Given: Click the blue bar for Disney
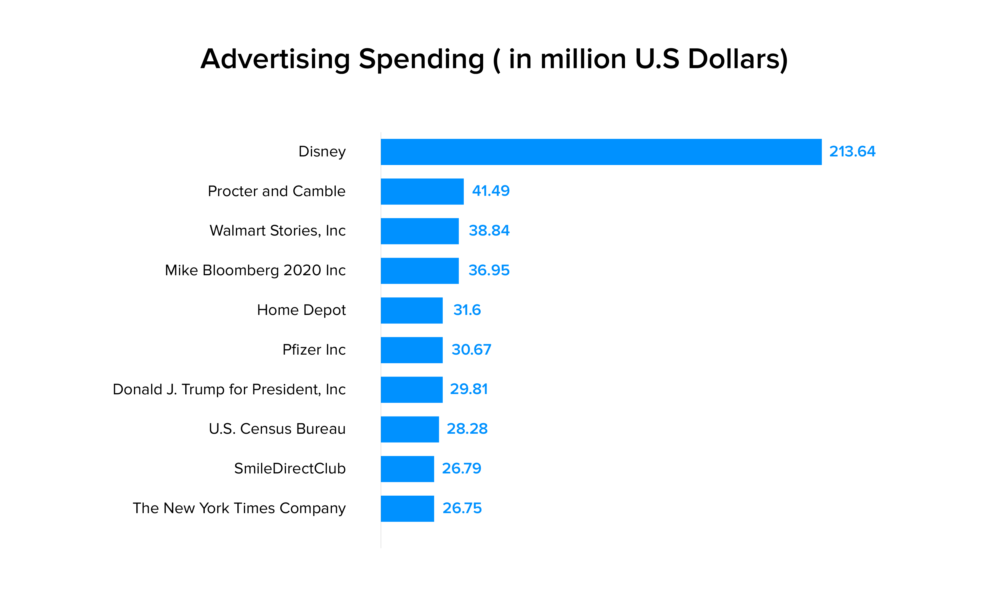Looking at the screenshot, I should click(601, 152).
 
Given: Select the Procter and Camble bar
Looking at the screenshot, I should click(422, 192).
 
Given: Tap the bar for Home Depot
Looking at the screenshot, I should click(412, 310).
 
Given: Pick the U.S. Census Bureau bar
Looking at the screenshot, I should click(410, 429).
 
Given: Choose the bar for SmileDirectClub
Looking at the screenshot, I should click(407, 469).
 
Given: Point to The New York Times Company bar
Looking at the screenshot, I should click(407, 508).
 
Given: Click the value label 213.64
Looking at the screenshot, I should click(852, 152).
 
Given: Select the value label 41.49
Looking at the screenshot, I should click(490, 191).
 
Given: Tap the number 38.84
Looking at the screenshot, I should click(489, 231).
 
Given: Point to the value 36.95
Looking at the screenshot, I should click(489, 270).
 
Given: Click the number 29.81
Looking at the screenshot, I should click(469, 389).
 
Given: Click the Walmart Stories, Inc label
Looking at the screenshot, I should click(278, 231).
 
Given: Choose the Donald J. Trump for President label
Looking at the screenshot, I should click(229, 389).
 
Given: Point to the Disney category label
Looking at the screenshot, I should click(322, 152).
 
